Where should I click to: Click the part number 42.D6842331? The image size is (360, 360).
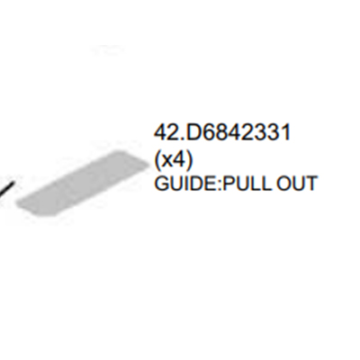(x=222, y=132)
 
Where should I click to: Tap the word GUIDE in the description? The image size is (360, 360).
(x=185, y=184)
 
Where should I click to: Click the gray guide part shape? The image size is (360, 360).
(x=83, y=184)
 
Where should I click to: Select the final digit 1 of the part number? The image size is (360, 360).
(x=286, y=132)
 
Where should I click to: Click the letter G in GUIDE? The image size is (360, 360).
(x=161, y=184)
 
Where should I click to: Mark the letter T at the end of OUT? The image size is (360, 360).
(x=310, y=184)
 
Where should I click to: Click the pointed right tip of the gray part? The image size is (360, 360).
(x=149, y=165)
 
